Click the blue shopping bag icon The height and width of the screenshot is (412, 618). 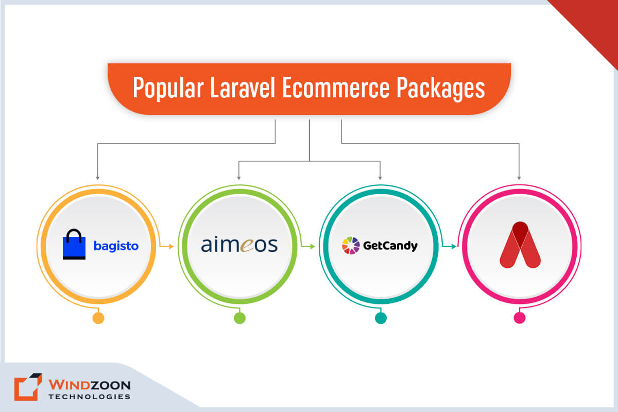74,245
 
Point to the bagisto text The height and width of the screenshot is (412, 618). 116,246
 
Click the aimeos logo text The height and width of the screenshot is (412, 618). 239,245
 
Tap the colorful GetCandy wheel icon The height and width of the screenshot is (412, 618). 350,245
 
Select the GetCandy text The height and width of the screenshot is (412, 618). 389,246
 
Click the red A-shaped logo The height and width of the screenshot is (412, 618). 520,245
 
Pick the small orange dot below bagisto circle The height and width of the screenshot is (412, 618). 98,318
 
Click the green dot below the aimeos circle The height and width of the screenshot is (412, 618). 239,318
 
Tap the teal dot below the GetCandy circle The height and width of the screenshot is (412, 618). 381,318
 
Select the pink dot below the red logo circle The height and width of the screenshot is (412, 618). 520,318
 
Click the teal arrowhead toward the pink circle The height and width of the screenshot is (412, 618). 454,247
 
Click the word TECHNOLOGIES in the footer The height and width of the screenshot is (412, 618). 89,397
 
